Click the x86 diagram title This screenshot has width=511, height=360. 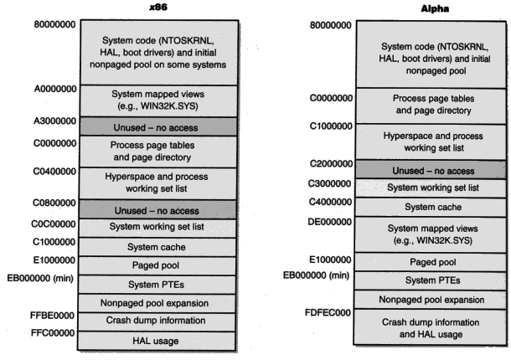[x=158, y=7]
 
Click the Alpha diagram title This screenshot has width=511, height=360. [x=435, y=8]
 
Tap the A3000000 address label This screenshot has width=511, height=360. [x=54, y=121]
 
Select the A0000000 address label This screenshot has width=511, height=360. [x=55, y=89]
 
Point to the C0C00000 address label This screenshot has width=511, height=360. [x=54, y=224]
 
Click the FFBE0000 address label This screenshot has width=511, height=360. [x=52, y=316]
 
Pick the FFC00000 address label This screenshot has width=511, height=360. [x=53, y=332]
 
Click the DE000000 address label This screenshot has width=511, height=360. [x=330, y=222]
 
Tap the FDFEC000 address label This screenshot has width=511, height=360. [x=328, y=312]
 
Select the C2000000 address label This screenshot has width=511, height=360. [x=331, y=163]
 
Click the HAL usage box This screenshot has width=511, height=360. [x=156, y=341]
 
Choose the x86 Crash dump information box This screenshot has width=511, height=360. [x=157, y=321]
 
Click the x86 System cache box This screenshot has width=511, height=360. [x=157, y=247]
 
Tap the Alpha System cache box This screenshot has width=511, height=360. [x=431, y=207]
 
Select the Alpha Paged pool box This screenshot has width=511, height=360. [x=431, y=262]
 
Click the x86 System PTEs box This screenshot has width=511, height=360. [x=157, y=285]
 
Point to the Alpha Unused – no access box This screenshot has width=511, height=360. [x=431, y=170]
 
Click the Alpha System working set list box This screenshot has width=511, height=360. [x=431, y=188]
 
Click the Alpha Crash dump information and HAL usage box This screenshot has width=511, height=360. [x=431, y=327]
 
